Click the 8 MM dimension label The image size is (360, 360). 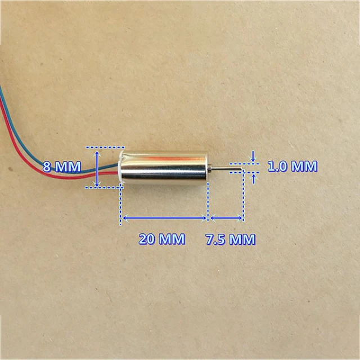pyautogui.click(x=63, y=166)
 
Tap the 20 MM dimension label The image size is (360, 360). pyautogui.click(x=162, y=239)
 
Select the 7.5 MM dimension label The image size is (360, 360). pyautogui.click(x=231, y=240)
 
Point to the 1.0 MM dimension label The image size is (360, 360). pyautogui.click(x=292, y=166)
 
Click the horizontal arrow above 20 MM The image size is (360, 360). pyautogui.click(x=165, y=217)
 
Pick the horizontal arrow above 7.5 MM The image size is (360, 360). pyautogui.click(x=226, y=217)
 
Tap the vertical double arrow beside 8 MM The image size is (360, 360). pyautogui.click(x=98, y=167)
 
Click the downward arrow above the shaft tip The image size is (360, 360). pyautogui.click(x=254, y=155)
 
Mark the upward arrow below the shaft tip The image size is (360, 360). pyautogui.click(x=254, y=178)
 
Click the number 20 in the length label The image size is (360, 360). pyautogui.click(x=148, y=239)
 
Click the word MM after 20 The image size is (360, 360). pyautogui.click(x=172, y=239)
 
